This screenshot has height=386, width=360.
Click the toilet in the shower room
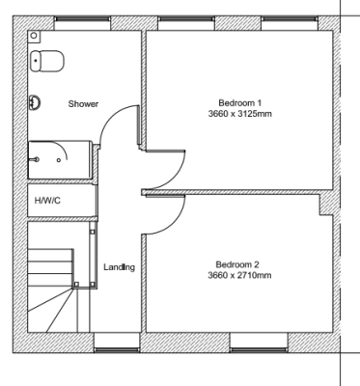click(47, 61)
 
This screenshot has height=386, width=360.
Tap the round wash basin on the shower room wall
click(35, 102)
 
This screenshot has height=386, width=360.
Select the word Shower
click(83, 104)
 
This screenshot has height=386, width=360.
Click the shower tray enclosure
click(60, 160)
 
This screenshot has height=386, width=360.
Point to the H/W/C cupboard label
click(47, 201)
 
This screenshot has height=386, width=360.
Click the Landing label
click(119, 267)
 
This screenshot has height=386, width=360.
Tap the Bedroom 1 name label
click(240, 103)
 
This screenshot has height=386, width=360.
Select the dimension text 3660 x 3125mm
click(240, 114)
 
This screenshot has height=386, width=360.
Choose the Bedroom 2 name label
click(237, 264)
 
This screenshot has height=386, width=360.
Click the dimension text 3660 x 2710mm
click(239, 275)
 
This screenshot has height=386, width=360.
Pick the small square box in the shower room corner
click(35, 37)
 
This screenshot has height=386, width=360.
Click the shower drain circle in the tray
click(59, 160)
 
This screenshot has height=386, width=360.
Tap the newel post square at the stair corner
click(76, 285)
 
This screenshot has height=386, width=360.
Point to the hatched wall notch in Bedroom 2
click(326, 205)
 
